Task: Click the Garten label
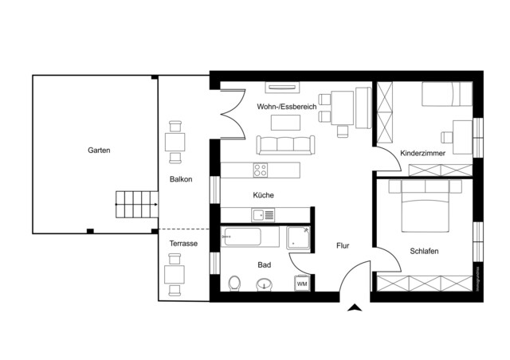point(100,150)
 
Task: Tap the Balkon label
point(180,179)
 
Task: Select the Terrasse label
point(183,243)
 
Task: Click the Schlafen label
point(424,251)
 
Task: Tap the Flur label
point(343,246)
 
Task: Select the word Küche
point(264,195)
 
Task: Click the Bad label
point(264,264)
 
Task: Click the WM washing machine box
point(302,284)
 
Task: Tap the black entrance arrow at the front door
point(355,307)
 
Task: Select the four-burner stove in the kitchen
point(260,169)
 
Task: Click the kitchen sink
point(263,213)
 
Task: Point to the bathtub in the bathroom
point(250,237)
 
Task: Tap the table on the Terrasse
point(175,275)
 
